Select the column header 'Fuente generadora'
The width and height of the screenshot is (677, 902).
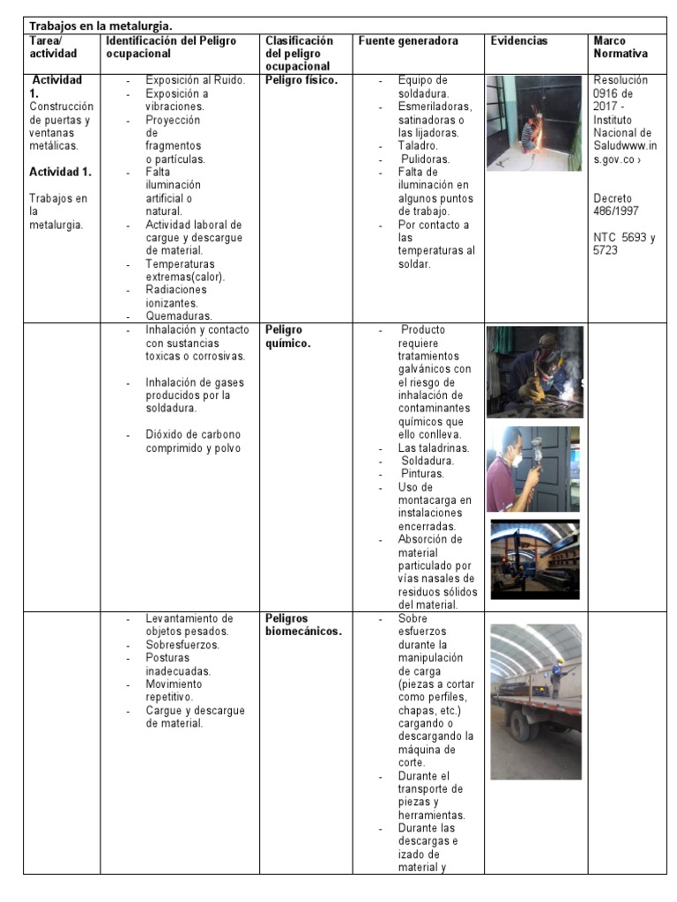pos(408,41)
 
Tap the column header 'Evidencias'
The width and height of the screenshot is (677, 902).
pos(518,41)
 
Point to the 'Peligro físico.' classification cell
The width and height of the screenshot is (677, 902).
pos(301,80)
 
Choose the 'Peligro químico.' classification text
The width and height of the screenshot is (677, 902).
pos(287,336)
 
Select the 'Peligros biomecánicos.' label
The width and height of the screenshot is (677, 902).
pos(302,625)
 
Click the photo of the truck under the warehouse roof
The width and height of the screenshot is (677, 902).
pos(535,701)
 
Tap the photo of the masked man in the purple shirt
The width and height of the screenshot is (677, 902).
pos(532,469)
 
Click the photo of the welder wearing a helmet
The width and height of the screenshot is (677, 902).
pos(534,371)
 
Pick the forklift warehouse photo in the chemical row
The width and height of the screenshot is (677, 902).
pos(534,559)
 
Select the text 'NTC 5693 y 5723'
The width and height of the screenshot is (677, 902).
pos(624,243)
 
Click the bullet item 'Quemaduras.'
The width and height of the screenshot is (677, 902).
pos(179,316)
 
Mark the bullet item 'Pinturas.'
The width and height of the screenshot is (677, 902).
pos(421,474)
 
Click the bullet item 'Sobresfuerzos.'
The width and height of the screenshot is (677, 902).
pos(182,645)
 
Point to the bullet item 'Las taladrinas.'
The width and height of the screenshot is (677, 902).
pos(434,447)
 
